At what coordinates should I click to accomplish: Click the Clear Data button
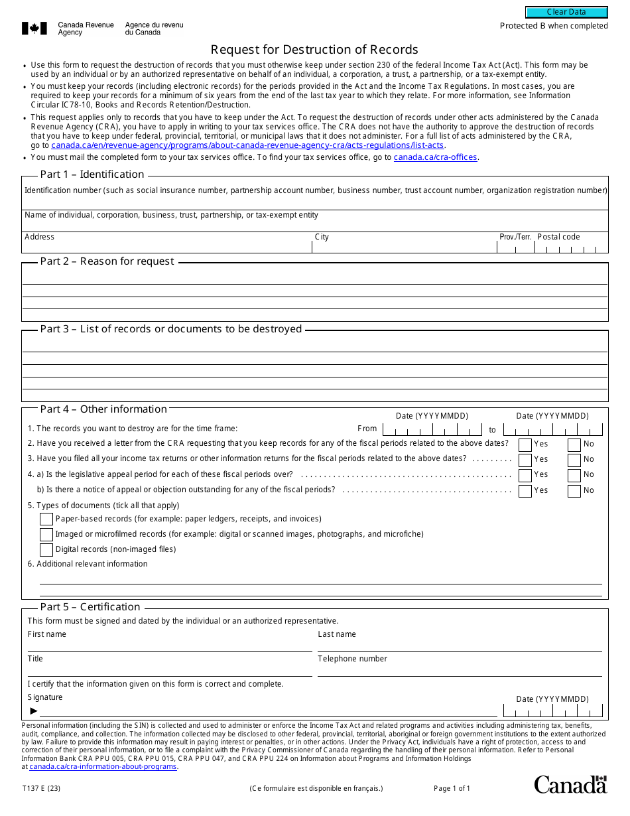[x=566, y=12]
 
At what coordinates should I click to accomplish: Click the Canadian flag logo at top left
[x=34, y=29]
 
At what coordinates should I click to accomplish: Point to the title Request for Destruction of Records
[x=314, y=50]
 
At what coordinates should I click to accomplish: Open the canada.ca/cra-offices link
[x=435, y=157]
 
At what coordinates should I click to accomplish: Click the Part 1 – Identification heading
[x=92, y=174]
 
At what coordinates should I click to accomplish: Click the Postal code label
[x=558, y=237]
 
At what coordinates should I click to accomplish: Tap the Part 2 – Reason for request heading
[x=107, y=261]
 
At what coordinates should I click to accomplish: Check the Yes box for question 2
[x=525, y=444]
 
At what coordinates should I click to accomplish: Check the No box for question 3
[x=574, y=460]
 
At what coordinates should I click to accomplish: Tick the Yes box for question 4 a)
[x=525, y=475]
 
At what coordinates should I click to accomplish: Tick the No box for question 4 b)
[x=574, y=491]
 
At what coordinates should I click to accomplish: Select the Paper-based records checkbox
[x=46, y=519]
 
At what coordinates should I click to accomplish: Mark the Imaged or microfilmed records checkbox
[x=46, y=534]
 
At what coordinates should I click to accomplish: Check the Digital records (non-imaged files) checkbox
[x=46, y=549]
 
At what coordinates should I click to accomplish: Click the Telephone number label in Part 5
[x=352, y=659]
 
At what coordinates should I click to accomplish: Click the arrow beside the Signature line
[x=34, y=711]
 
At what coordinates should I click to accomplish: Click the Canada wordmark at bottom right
[x=570, y=784]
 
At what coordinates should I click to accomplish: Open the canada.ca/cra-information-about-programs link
[x=103, y=767]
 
